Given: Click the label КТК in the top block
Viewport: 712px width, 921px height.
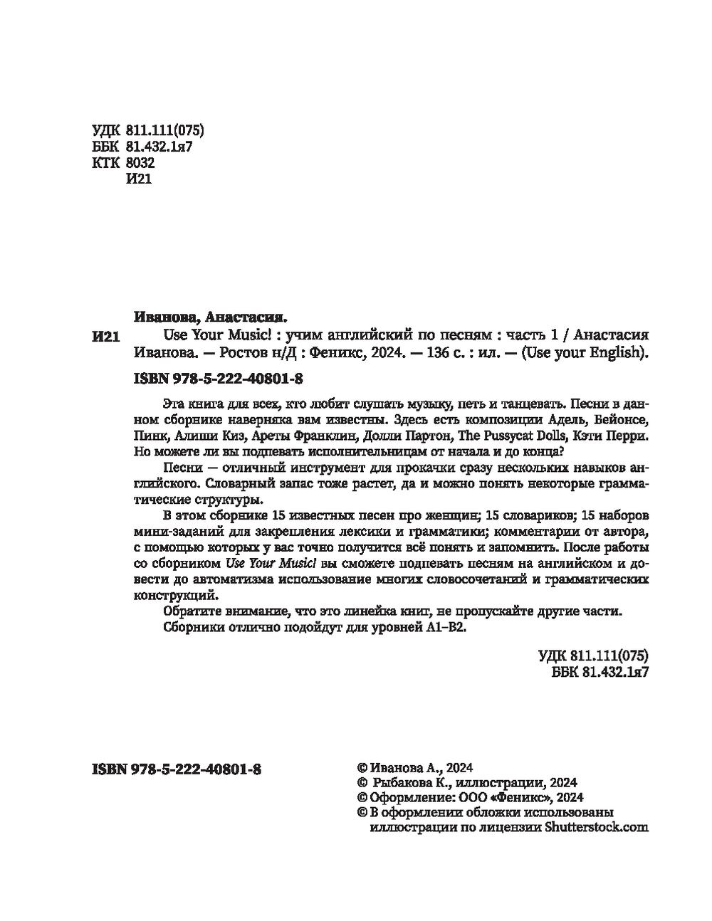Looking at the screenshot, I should point(107,163).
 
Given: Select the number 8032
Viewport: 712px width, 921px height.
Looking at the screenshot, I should point(140,163).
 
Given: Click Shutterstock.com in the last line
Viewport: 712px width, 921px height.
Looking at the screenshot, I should point(597,827).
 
